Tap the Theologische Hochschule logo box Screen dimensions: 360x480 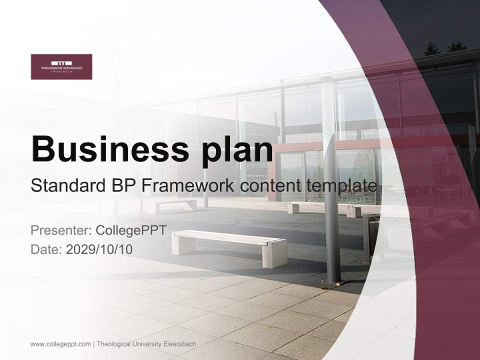[x=61, y=66]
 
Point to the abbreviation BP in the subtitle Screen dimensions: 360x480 [x=120, y=185]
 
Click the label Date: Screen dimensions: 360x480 [x=46, y=249]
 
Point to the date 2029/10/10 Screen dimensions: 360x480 [x=99, y=249]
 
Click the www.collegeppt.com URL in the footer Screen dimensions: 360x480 [x=60, y=344]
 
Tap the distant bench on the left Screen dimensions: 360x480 [x=175, y=205]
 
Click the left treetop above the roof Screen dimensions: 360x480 [x=431, y=48]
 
